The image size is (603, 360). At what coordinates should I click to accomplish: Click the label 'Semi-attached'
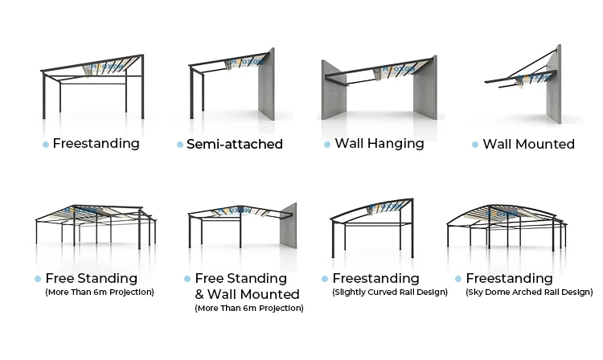click(235, 145)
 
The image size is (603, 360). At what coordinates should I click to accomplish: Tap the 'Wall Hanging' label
click(379, 144)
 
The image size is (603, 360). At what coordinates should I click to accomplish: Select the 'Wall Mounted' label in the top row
click(528, 145)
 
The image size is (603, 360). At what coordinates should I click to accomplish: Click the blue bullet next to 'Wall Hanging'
click(327, 145)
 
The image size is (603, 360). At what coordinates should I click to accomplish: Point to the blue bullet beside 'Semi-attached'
click(180, 145)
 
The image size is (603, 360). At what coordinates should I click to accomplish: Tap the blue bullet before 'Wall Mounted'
click(475, 145)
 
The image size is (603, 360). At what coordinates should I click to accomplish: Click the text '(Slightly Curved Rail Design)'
click(389, 292)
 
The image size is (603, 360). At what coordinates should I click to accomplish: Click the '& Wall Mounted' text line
click(248, 294)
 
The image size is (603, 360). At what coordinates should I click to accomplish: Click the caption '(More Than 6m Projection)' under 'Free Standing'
click(99, 292)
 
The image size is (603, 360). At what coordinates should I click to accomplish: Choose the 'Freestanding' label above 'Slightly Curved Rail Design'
click(375, 278)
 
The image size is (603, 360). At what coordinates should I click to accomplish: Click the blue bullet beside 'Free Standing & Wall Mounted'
click(187, 279)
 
